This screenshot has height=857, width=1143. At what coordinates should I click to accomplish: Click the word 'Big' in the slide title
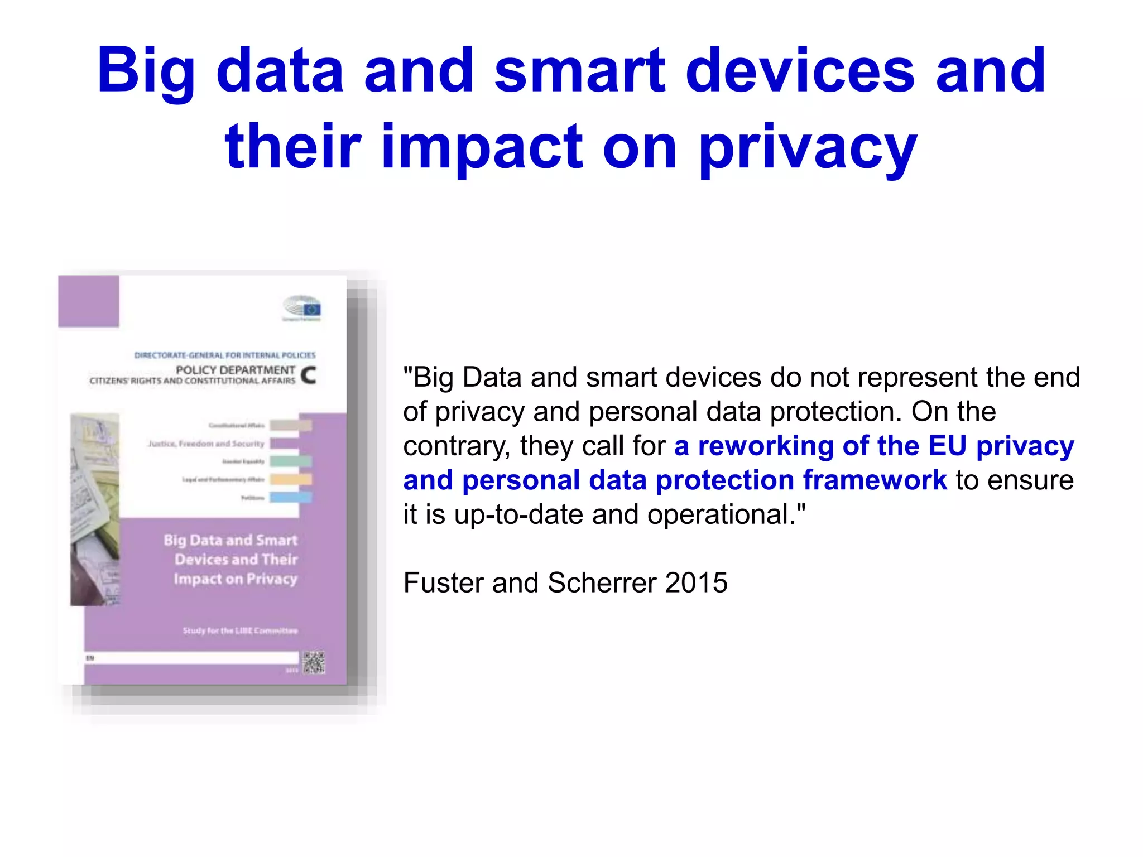[146, 71]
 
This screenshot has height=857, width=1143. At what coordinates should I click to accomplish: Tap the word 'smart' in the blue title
[580, 71]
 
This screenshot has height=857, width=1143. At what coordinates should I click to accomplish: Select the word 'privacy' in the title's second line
[808, 148]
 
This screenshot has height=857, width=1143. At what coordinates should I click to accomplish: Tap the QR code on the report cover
[314, 662]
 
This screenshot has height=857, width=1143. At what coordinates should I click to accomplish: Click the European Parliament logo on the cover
[302, 308]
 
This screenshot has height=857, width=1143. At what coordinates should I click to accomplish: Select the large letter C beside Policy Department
[309, 375]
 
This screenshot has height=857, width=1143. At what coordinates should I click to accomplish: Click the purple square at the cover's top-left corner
[89, 301]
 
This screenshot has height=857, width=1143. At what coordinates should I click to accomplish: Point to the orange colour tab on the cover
[291, 479]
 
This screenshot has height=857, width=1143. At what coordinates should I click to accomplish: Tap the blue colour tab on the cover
[291, 497]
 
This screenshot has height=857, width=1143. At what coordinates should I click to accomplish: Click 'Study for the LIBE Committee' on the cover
[240, 631]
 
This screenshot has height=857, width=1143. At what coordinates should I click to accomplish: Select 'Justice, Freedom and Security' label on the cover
[206, 444]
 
